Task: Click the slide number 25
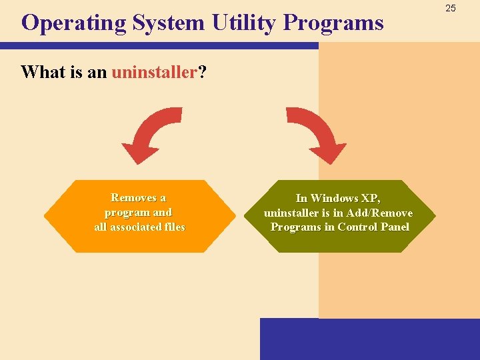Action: pyautogui.click(x=451, y=8)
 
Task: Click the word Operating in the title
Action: pyautogui.click(x=73, y=23)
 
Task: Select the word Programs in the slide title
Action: pyautogui.click(x=333, y=23)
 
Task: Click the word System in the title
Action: pyautogui.click(x=169, y=23)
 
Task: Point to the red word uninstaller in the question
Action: pyautogui.click(x=155, y=72)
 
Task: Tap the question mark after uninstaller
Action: pyautogui.click(x=201, y=72)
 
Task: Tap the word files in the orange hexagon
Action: pyautogui.click(x=174, y=227)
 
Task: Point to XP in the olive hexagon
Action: pyautogui.click(x=371, y=198)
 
